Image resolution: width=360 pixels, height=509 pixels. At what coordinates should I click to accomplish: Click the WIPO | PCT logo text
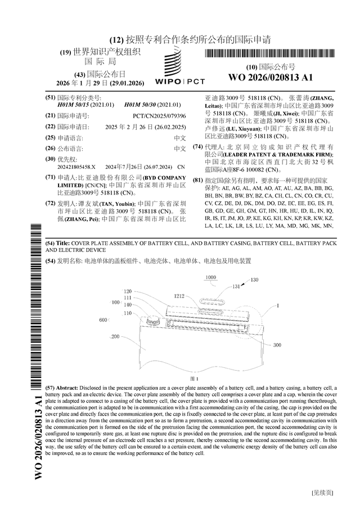(180, 82)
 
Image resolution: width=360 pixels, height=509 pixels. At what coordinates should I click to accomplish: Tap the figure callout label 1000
(210, 278)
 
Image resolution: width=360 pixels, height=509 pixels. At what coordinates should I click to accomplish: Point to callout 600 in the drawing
(103, 319)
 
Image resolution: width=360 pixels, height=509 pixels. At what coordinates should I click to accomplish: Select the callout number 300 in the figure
(277, 345)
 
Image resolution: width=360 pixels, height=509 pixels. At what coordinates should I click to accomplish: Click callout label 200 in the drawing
(115, 336)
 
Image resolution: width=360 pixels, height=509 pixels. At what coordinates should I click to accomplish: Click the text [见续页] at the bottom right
(322, 492)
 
